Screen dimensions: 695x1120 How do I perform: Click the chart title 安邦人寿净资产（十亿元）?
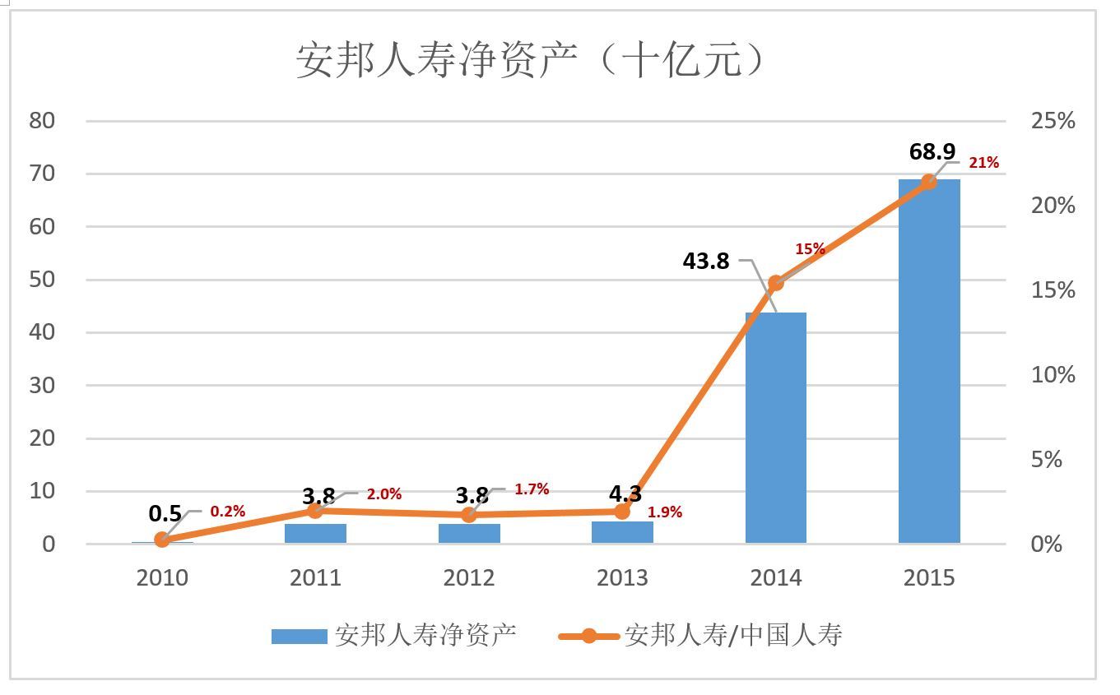pos(531,61)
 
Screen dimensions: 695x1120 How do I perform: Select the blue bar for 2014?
pos(775,428)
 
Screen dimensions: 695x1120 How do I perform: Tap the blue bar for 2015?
pos(928,362)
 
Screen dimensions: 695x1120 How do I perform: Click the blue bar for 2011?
pos(315,534)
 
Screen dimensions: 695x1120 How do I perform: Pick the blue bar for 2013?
pos(622,532)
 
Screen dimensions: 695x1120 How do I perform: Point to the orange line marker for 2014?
pos(775,283)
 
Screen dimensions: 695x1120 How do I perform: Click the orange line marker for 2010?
pos(162,540)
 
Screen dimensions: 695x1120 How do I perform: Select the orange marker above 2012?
pos(469,515)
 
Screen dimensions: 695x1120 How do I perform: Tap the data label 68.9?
pos(932,151)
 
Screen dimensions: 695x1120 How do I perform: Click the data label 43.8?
pos(705,261)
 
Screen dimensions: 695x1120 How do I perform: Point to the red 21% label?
pos(983,163)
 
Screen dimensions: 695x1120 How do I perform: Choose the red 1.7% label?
pos(532,489)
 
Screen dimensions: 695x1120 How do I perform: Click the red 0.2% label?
pos(227,512)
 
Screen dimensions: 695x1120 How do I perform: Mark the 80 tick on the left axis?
pos(42,121)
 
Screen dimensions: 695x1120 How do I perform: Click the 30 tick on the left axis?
pos(42,385)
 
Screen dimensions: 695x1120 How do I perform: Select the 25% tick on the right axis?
pos(1053,121)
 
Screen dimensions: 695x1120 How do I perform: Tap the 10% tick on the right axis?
pos(1053,375)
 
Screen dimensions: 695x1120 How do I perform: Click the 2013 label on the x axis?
pos(622,577)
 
